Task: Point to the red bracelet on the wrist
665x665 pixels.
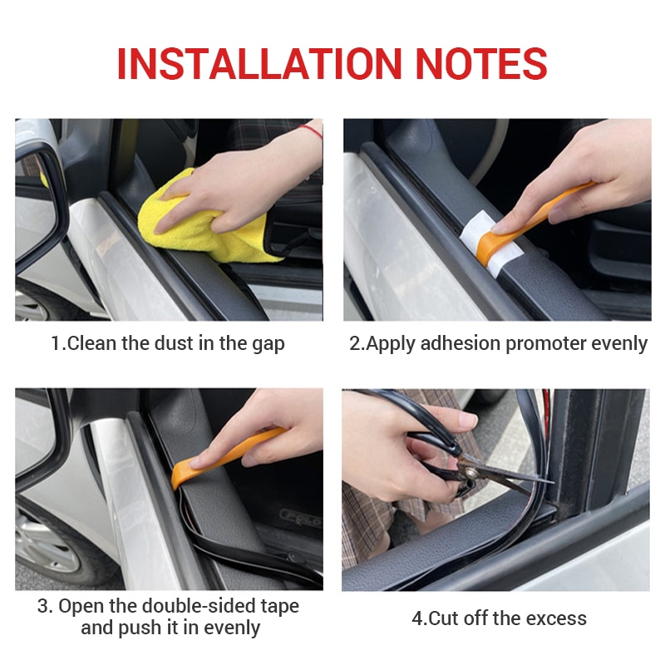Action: coord(311,131)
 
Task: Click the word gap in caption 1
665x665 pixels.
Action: coord(268,343)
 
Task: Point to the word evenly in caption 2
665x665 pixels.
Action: coord(618,343)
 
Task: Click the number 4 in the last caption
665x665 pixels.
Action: coord(416,618)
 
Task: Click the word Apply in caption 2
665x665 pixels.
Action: coord(388,343)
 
